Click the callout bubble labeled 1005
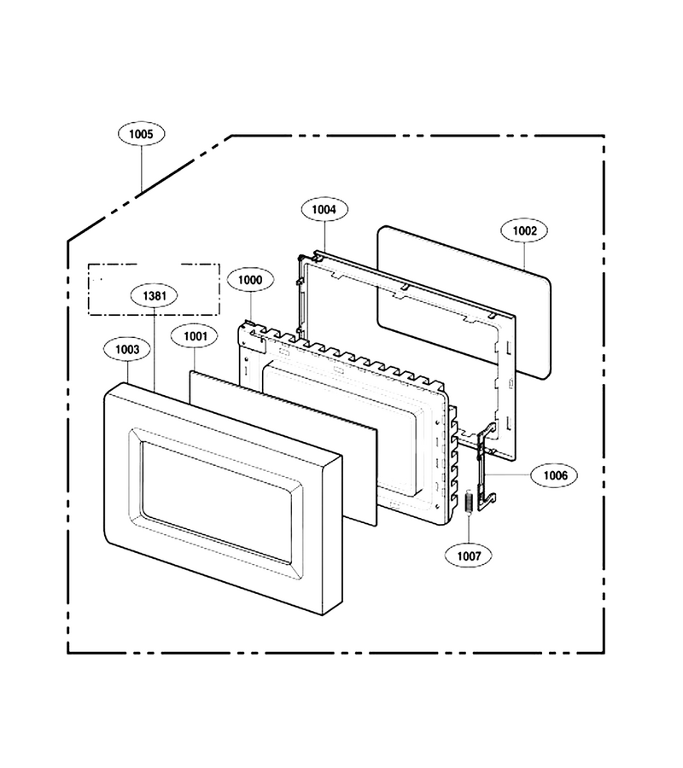(141, 134)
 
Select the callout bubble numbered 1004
(324, 210)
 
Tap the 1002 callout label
(525, 230)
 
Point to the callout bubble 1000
(250, 280)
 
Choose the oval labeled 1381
(155, 296)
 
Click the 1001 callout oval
(196, 336)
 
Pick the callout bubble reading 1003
(127, 349)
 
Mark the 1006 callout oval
(555, 475)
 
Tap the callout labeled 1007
(469, 556)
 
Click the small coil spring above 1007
(469, 502)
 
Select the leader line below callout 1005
(142, 169)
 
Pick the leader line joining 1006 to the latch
(510, 475)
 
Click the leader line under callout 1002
(525, 257)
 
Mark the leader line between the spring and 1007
(469, 528)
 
